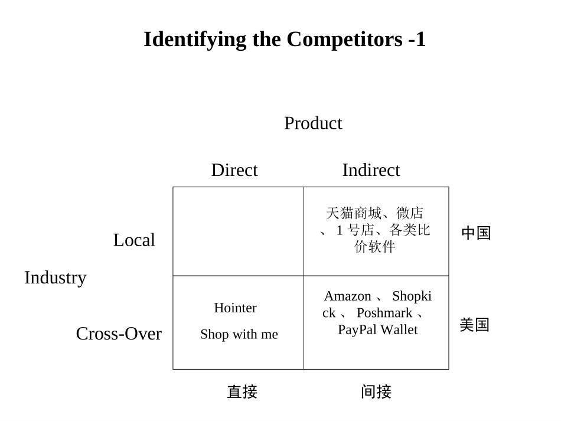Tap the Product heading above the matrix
313,123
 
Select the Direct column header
234,170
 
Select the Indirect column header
371,170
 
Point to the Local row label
134,240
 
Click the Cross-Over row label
119,334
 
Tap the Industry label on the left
56,278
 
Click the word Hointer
235,308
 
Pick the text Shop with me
239,334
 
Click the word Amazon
347,296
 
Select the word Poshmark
384,313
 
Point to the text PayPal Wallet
377,330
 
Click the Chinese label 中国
476,234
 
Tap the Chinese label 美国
475,325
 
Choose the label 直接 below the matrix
242,392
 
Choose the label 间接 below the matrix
376,392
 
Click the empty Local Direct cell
238,231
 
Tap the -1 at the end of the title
416,40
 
